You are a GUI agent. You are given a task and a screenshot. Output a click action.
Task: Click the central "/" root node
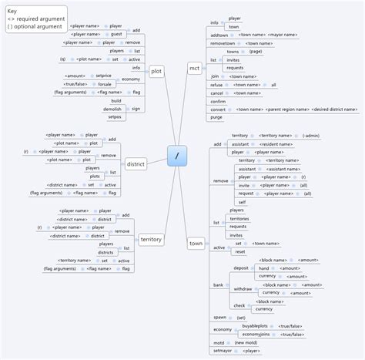tap(177, 156)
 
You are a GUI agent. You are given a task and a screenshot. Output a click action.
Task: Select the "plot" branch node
tap(156, 71)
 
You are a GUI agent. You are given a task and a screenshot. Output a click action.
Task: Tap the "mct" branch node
tap(194, 69)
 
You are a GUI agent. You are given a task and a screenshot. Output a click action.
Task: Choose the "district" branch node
tap(136, 164)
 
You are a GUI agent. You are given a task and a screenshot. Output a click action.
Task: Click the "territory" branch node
tap(151, 240)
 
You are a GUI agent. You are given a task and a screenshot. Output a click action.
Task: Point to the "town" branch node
tap(196, 244)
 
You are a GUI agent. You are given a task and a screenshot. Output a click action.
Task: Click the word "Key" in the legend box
tap(12, 11)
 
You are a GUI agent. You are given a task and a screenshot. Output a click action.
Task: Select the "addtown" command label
tap(219, 35)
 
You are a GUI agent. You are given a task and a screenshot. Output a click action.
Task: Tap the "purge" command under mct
tap(216, 117)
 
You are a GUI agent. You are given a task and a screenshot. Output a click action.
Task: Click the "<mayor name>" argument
tap(284, 35)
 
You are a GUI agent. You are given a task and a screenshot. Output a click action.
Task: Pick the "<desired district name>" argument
tap(332, 109)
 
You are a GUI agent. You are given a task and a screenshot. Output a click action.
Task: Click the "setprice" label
tap(104, 76)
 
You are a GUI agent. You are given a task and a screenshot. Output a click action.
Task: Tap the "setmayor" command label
tap(222, 351)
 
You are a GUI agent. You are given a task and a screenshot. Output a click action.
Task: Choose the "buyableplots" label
tap(252, 327)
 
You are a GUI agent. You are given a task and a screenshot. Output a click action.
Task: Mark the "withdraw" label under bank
tap(243, 288)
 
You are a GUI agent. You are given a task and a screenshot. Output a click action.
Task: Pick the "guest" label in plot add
tap(116, 34)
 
